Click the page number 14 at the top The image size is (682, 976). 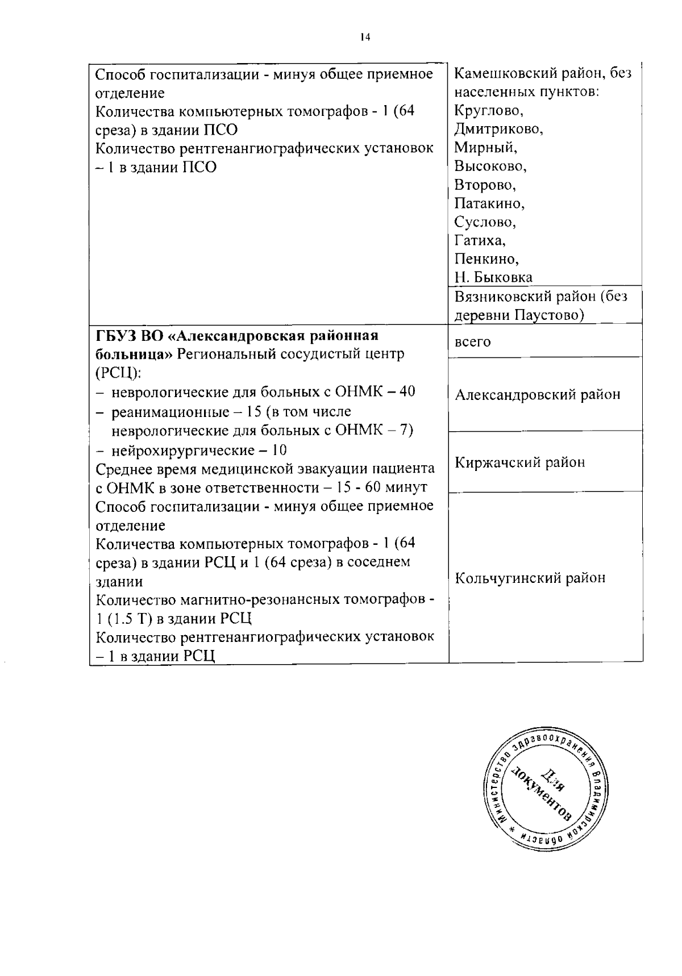[x=364, y=37]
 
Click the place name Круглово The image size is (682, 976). [x=488, y=110]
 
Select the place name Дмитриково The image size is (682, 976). [x=498, y=129]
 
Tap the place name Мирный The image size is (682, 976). [x=485, y=148]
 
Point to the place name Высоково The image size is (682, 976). [x=490, y=166]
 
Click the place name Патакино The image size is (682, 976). [x=489, y=203]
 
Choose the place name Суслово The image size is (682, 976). [x=485, y=222]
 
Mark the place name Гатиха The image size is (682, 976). [x=480, y=240]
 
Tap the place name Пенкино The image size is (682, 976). [x=486, y=259]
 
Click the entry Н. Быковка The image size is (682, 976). [x=493, y=278]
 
